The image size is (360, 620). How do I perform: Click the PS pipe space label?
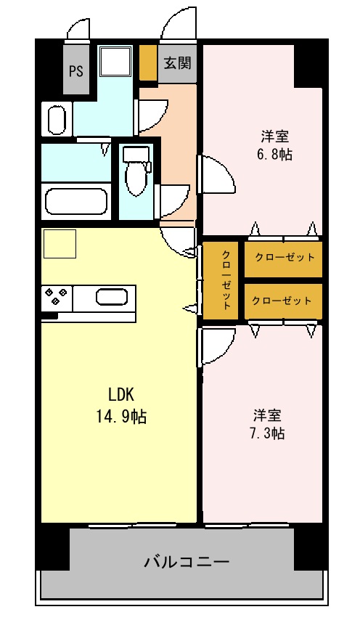point(76,71)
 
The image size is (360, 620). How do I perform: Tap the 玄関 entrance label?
point(177,62)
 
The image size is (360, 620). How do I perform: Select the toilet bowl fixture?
point(136,171)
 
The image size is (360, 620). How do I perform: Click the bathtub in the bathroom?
point(76,202)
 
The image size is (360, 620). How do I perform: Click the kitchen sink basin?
point(112,296)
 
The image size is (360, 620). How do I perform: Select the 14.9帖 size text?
point(121,416)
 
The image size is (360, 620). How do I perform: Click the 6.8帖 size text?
point(274,154)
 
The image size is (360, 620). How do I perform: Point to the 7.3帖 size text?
point(267,433)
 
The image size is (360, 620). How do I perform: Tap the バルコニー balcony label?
point(187,561)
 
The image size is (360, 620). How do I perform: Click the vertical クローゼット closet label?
point(226,280)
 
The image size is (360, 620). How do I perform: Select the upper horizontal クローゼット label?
point(285,258)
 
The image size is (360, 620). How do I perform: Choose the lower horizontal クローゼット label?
point(282,301)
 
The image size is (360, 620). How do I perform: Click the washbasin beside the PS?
point(57,118)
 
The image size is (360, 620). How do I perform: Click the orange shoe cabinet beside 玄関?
point(149,63)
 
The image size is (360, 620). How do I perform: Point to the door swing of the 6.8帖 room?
point(216,174)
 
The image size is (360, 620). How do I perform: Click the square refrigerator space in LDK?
point(60,244)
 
